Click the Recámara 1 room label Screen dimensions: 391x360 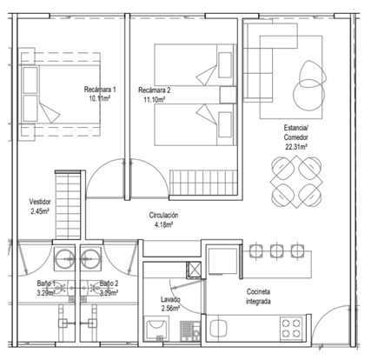[x=100, y=90]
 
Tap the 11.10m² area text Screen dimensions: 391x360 [x=155, y=100]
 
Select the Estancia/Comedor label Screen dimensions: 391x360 [x=296, y=132]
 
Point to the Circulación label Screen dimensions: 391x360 [x=163, y=215]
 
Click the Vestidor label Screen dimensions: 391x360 [x=40, y=202]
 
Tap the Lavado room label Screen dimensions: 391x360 [x=170, y=299]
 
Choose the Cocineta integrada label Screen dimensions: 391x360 [x=258, y=297]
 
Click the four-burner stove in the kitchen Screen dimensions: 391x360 [x=291, y=329]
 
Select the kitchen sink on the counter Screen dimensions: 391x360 [x=218, y=328]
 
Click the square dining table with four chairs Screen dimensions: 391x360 [x=296, y=182]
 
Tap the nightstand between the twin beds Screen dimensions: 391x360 [x=228, y=95]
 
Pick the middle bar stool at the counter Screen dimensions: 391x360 [x=276, y=250]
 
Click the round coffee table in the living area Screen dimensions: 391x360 [x=308, y=95]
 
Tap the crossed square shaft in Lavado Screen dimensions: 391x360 [x=194, y=270]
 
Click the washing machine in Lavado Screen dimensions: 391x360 [x=156, y=329]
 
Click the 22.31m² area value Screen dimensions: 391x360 [x=296, y=147]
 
